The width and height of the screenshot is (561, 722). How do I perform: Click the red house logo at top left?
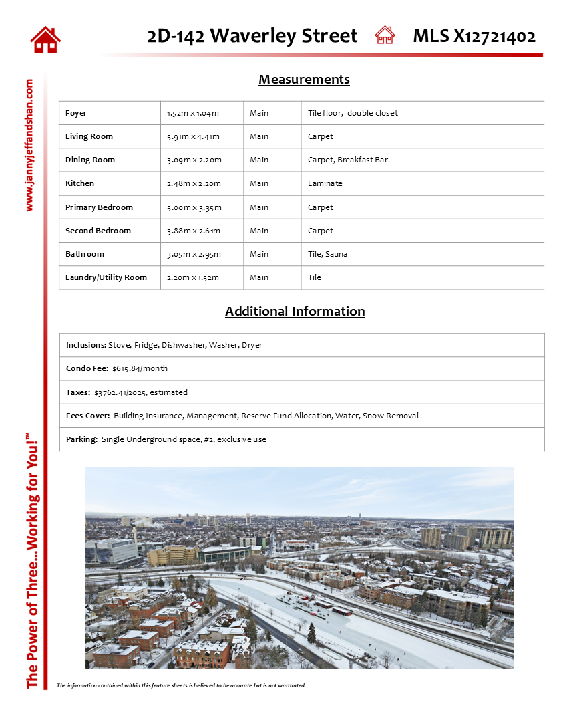(45, 39)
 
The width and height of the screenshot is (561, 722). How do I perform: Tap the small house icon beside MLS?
(385, 35)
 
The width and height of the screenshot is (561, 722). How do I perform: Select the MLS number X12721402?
(494, 36)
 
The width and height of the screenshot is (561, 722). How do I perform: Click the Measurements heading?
(304, 80)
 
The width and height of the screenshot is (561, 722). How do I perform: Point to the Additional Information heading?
(295, 311)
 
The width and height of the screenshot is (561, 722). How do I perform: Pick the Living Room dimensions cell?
(193, 136)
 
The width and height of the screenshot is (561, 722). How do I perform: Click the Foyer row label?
(76, 113)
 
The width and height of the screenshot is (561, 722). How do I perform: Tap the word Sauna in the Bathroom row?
(337, 254)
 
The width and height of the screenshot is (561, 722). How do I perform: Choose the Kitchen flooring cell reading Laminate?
(325, 183)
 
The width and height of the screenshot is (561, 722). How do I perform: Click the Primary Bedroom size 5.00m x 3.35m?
(194, 207)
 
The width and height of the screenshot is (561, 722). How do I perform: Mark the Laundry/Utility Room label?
(106, 277)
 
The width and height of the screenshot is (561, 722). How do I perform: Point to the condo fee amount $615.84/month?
(140, 368)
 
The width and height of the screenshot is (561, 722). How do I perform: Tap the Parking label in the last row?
(81, 439)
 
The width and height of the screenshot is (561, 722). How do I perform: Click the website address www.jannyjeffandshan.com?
(29, 145)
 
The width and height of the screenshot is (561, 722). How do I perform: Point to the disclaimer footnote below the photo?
(181, 685)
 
